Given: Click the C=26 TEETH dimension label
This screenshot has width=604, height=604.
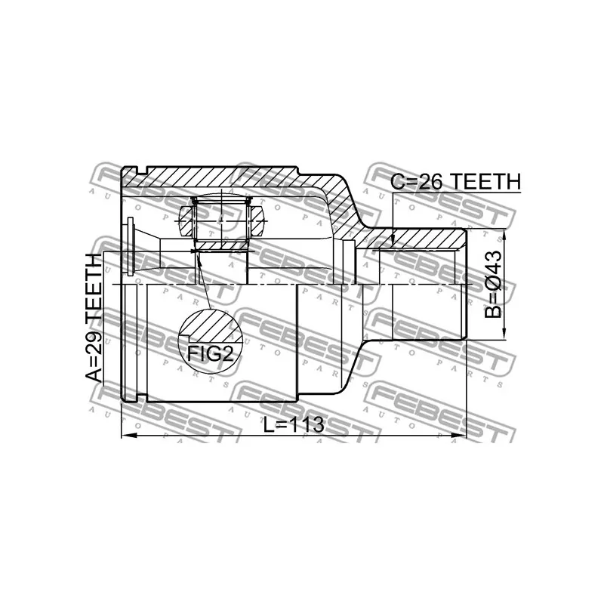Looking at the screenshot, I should (x=455, y=181).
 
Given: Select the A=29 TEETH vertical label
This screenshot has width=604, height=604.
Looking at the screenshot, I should (x=92, y=318).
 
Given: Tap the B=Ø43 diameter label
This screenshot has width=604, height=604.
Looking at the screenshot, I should (x=492, y=285).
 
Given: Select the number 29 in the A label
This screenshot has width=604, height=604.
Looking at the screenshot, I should (x=92, y=344).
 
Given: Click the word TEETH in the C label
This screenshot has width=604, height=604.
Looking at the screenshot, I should (x=492, y=181).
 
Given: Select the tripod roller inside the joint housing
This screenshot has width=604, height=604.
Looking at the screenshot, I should (x=221, y=220).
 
